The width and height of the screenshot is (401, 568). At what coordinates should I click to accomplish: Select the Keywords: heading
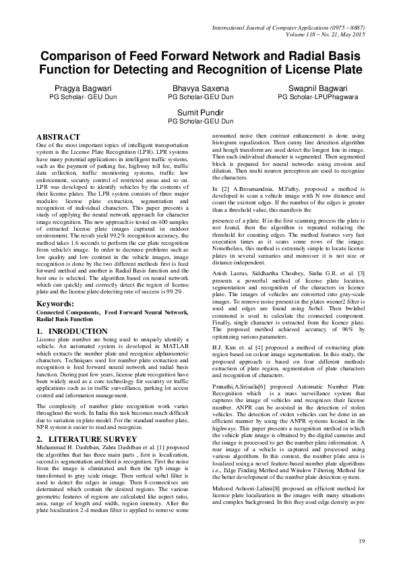[55, 304]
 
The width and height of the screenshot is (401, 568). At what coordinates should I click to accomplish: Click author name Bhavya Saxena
[200, 88]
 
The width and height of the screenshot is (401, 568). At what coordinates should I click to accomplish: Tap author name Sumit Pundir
[200, 112]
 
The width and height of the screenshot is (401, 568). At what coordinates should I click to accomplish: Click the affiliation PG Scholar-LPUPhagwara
[317, 96]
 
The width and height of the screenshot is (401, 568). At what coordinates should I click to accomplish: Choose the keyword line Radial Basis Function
[67, 320]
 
